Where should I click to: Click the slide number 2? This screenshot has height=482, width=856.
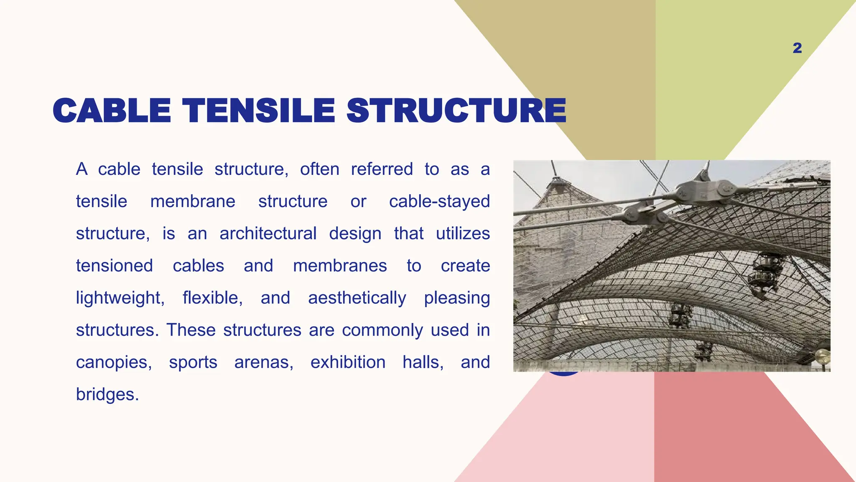pyautogui.click(x=797, y=48)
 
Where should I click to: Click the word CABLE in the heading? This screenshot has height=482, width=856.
pyautogui.click(x=112, y=111)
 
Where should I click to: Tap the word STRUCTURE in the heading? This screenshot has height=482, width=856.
pyautogui.click(x=456, y=111)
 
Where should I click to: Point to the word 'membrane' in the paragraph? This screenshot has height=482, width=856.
pyautogui.click(x=193, y=201)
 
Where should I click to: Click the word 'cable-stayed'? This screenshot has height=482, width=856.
pyautogui.click(x=439, y=201)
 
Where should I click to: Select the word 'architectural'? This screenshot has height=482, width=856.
pyautogui.click(x=268, y=233)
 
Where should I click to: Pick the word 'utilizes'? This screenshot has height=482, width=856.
pyautogui.click(x=463, y=233)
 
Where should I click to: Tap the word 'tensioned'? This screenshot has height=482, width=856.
pyautogui.click(x=115, y=266)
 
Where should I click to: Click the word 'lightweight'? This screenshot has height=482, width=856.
pyautogui.click(x=120, y=298)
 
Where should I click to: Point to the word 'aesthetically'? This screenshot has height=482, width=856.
pyautogui.click(x=357, y=298)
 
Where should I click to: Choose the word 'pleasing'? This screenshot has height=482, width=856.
pyautogui.click(x=457, y=298)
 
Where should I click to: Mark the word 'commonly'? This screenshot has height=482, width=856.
pyautogui.click(x=382, y=330)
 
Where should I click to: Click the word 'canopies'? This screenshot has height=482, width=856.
pyautogui.click(x=114, y=362)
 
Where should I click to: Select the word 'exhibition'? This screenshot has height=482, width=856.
pyautogui.click(x=348, y=362)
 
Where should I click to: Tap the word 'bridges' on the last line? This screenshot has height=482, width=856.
pyautogui.click(x=107, y=394)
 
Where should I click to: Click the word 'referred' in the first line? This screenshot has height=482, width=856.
pyautogui.click(x=382, y=169)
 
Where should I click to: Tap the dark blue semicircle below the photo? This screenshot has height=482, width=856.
pyautogui.click(x=563, y=374)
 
